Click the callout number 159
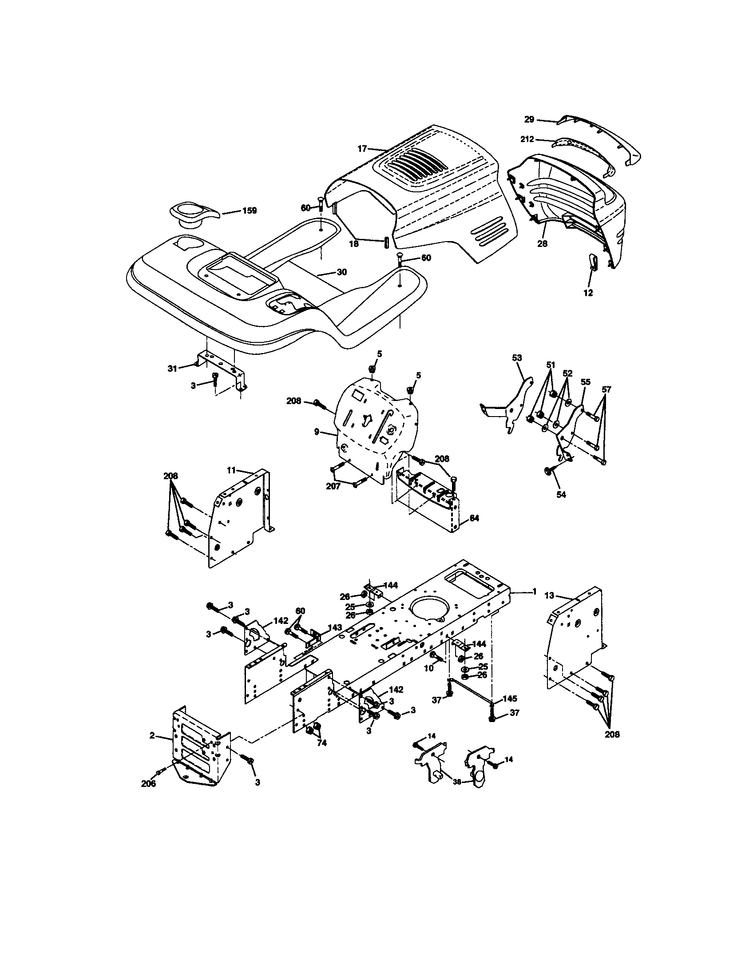click(x=249, y=210)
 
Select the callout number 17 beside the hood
click(x=362, y=148)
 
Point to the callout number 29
click(x=529, y=119)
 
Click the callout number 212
click(x=527, y=139)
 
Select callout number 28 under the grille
click(x=543, y=244)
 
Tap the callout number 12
click(x=588, y=293)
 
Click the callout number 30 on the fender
click(x=341, y=272)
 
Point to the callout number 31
click(x=172, y=368)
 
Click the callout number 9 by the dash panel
click(x=317, y=432)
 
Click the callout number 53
click(x=517, y=358)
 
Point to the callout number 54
click(x=561, y=494)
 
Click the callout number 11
click(x=231, y=470)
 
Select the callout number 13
click(x=549, y=595)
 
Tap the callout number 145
click(x=510, y=698)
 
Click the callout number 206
click(x=148, y=783)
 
